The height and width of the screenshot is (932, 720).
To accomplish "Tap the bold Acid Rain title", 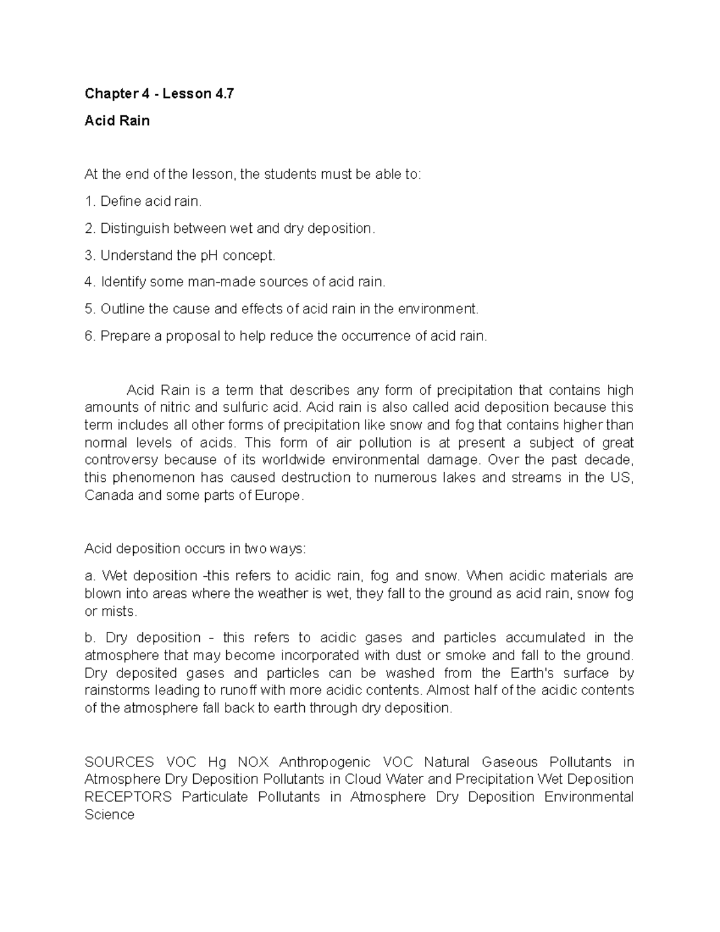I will coord(117,121).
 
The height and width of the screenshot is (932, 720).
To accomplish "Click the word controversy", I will coord(122,460).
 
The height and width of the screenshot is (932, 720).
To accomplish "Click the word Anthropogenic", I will coord(325,762).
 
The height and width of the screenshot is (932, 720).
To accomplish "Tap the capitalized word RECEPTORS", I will coord(128,797).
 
